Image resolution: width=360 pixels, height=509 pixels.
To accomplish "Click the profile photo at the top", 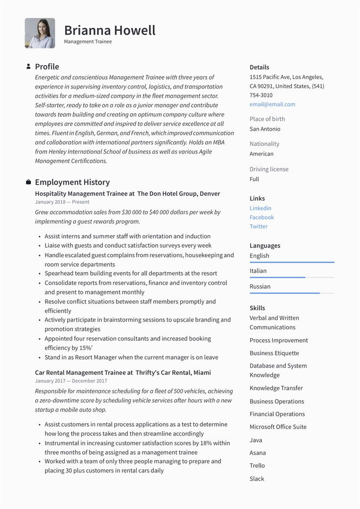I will pos(40,33).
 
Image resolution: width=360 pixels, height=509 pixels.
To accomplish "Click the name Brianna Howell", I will pos(110,30).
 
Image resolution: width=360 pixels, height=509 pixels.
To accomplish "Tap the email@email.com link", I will pos(272,104).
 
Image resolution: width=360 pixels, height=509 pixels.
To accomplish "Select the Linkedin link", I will pos(261,208).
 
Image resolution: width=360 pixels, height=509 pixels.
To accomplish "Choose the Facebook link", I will pos(262,217).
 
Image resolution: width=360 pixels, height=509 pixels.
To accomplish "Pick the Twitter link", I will pos(259,227).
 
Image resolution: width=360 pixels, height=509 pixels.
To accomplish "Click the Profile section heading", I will pos(47,67).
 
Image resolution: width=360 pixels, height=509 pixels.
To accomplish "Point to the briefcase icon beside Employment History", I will pos(28,182).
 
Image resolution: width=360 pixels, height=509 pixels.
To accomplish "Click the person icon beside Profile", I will pos(28,66).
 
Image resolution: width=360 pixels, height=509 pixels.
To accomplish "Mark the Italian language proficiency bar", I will pos(292,278).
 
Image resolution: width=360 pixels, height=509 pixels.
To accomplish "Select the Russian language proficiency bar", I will pos(292,293).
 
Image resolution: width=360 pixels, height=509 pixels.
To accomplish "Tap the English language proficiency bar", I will pos(292,262).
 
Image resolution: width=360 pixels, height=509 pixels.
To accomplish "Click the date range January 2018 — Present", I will pos(62,202).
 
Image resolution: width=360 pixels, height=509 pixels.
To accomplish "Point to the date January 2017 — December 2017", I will pos(71,381).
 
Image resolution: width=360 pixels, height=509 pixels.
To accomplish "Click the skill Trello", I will pos(257,465).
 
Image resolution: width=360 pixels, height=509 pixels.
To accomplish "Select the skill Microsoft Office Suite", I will pos(278,427).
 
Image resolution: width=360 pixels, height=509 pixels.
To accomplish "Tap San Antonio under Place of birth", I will pos(265,129).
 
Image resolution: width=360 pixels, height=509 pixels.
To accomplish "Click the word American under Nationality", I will pos(262,154).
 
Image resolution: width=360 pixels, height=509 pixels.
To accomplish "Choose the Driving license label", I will pos(269,169).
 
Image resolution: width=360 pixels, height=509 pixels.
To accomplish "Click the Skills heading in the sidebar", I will pos(257,308).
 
